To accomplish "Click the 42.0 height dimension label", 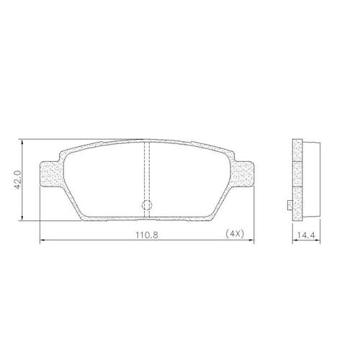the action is pyautogui.click(x=19, y=179).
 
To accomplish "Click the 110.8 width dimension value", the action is pyautogui.click(x=147, y=235).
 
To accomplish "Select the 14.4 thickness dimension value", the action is pyautogui.click(x=306, y=235).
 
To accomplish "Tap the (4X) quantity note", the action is pyautogui.click(x=235, y=233).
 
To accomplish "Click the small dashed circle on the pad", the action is pyautogui.click(x=147, y=204).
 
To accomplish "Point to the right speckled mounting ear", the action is pyautogui.click(x=242, y=174).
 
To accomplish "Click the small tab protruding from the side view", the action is pyautogui.click(x=290, y=205).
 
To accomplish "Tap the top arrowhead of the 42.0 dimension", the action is pyautogui.click(x=22, y=142).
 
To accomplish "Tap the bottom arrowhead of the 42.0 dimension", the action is pyautogui.click(x=22, y=217).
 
